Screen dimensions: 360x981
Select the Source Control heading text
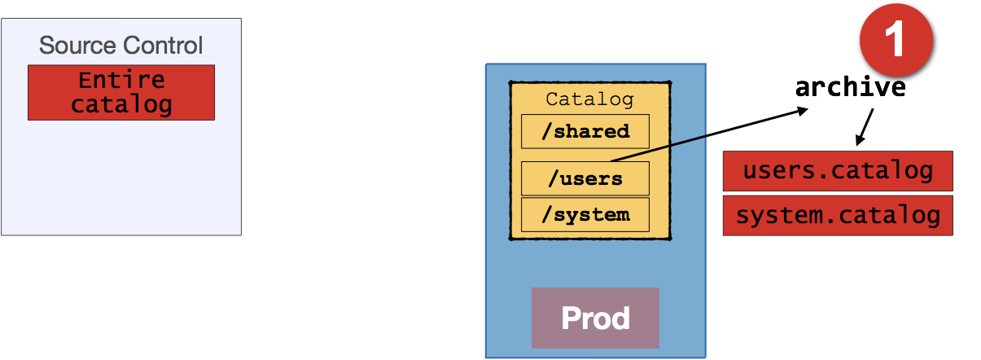(121, 45)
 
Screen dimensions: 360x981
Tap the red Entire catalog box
(121, 93)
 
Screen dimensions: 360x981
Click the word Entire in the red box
(121, 81)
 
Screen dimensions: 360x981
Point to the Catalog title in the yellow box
(589, 99)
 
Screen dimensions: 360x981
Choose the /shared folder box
(585, 131)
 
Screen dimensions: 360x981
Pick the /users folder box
(585, 178)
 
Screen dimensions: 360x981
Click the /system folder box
(585, 215)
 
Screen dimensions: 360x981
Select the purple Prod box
(595, 318)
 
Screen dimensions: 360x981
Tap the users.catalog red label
(838, 171)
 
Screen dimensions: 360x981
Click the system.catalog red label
(838, 215)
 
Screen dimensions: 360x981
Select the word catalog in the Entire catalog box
(121, 105)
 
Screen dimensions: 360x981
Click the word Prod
(595, 318)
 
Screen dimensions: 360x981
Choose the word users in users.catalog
(775, 171)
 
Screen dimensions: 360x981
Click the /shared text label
(585, 131)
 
